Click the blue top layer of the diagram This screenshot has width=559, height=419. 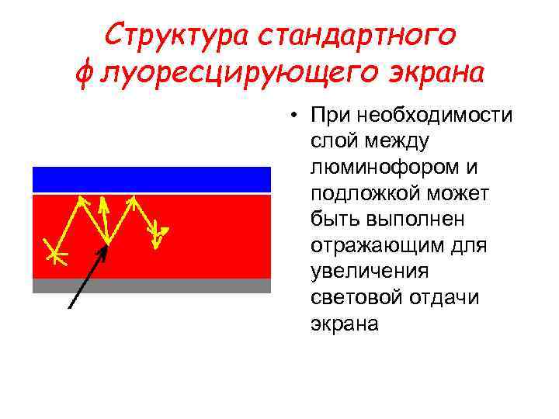click(x=151, y=179)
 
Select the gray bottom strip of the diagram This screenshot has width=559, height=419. click(x=151, y=285)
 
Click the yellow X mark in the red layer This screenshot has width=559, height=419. click(x=54, y=253)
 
